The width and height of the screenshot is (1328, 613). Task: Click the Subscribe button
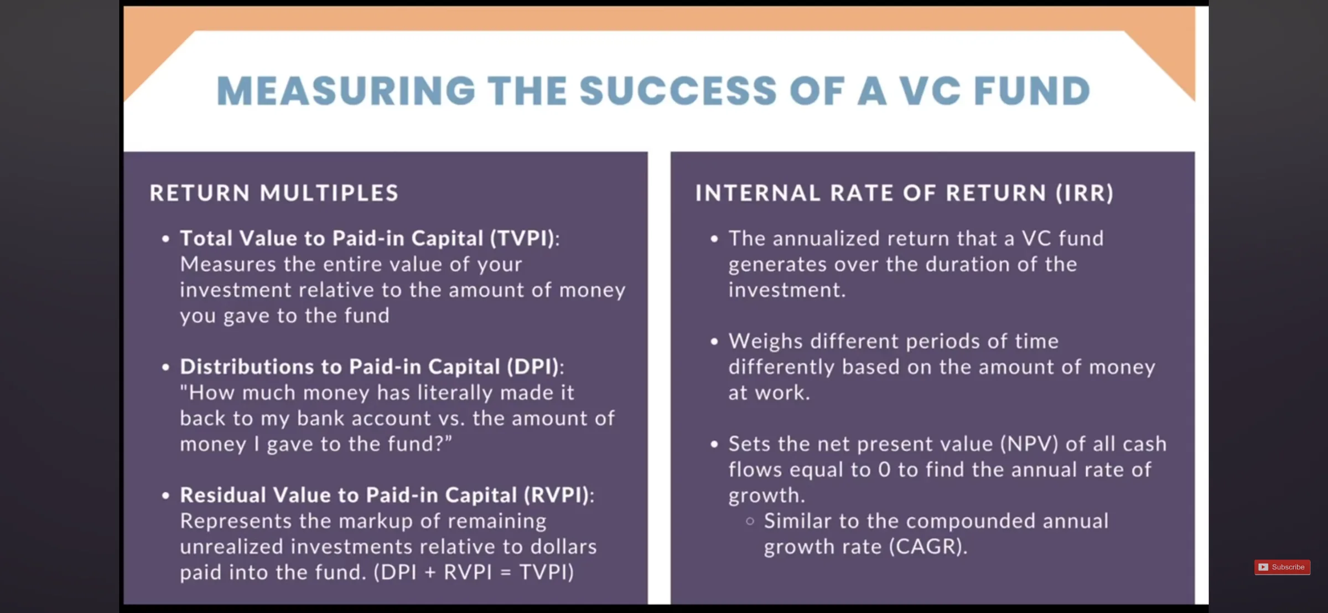click(1282, 567)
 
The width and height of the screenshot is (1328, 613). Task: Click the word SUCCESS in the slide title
click(678, 91)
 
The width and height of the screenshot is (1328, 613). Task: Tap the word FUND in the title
click(1032, 91)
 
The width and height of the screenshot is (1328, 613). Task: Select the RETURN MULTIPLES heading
click(274, 193)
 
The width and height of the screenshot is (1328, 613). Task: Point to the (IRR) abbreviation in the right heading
click(1085, 193)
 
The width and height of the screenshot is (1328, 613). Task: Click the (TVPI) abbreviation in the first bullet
click(522, 239)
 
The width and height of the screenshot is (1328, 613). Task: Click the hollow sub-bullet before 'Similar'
click(750, 521)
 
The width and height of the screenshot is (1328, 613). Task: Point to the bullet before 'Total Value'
click(165, 239)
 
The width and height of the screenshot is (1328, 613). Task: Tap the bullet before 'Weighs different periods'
click(714, 342)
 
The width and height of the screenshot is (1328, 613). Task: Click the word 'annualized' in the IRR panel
click(826, 239)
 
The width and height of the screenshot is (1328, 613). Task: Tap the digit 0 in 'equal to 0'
click(884, 470)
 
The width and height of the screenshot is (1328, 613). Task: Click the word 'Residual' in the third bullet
click(223, 496)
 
